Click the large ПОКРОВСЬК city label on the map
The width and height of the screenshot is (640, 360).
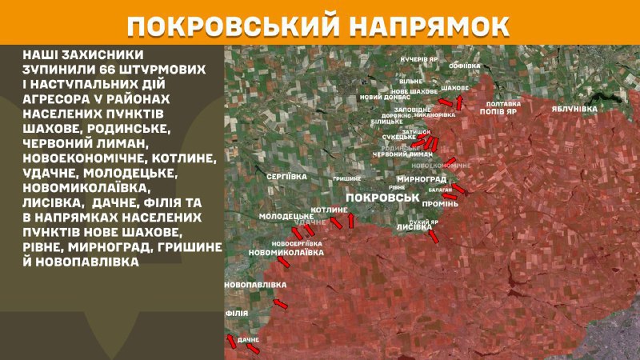[x=382, y=197]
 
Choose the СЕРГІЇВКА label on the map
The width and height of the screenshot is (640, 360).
[x=282, y=174]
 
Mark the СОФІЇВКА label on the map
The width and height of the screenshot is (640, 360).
[x=465, y=65]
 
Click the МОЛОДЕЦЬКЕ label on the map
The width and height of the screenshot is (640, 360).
[x=286, y=217]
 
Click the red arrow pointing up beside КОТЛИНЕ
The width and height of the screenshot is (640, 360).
[x=350, y=220]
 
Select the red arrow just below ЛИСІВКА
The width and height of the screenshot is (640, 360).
[x=433, y=237]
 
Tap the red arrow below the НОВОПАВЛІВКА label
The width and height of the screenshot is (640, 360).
[x=280, y=303]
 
